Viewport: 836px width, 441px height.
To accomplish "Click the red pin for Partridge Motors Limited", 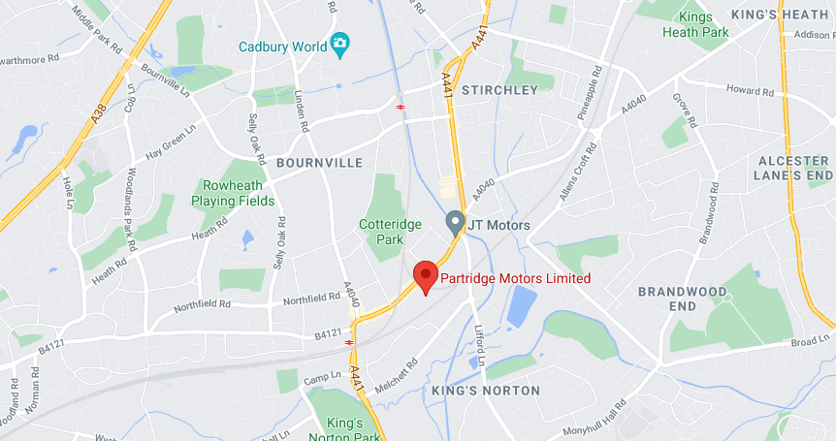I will tap(425, 275).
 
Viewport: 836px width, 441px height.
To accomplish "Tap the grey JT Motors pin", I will tap(453, 223).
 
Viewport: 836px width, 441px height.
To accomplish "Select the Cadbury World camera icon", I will tap(339, 45).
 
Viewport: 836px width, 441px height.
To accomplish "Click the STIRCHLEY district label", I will tap(498, 90).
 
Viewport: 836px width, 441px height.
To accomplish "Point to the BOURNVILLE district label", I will tap(319, 163).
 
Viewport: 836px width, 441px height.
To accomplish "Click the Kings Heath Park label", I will tap(695, 24).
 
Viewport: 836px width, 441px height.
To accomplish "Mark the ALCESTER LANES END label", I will tap(794, 168).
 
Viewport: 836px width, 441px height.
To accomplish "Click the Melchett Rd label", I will tap(397, 374).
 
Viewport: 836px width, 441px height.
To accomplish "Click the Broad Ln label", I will tap(811, 340).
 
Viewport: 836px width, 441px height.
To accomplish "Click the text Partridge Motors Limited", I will tap(515, 278).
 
